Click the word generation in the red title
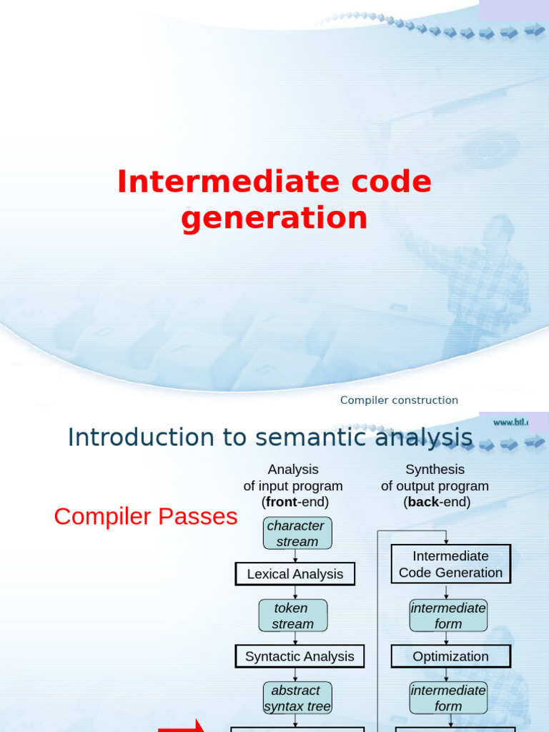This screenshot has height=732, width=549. point(274,217)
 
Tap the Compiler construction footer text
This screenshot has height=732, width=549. point(399,400)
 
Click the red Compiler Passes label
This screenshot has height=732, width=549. point(145,516)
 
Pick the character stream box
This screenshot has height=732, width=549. point(296,534)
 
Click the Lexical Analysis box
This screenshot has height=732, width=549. point(295,574)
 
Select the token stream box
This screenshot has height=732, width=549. point(292,616)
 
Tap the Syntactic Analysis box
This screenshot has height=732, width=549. point(300,656)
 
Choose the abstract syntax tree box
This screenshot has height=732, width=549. point(297,698)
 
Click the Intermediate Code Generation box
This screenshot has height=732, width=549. point(450,564)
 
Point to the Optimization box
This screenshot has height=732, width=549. point(450,656)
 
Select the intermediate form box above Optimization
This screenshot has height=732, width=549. point(448,615)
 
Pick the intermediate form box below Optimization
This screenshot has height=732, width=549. point(448,698)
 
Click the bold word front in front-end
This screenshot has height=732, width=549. point(280,502)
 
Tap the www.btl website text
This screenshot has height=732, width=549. point(510,422)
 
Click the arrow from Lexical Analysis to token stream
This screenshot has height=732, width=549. point(295,593)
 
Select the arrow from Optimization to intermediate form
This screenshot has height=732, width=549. point(447,675)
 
